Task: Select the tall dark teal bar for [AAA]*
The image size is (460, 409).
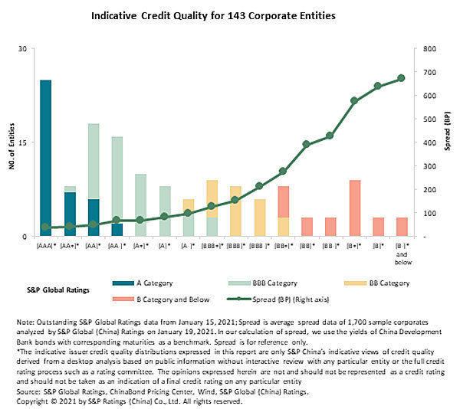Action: (46, 157)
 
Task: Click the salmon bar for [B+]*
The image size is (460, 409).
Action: (354, 208)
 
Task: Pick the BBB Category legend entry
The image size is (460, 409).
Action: (263, 283)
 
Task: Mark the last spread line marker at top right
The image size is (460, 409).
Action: (401, 78)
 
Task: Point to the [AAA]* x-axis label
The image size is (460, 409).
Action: (46, 247)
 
